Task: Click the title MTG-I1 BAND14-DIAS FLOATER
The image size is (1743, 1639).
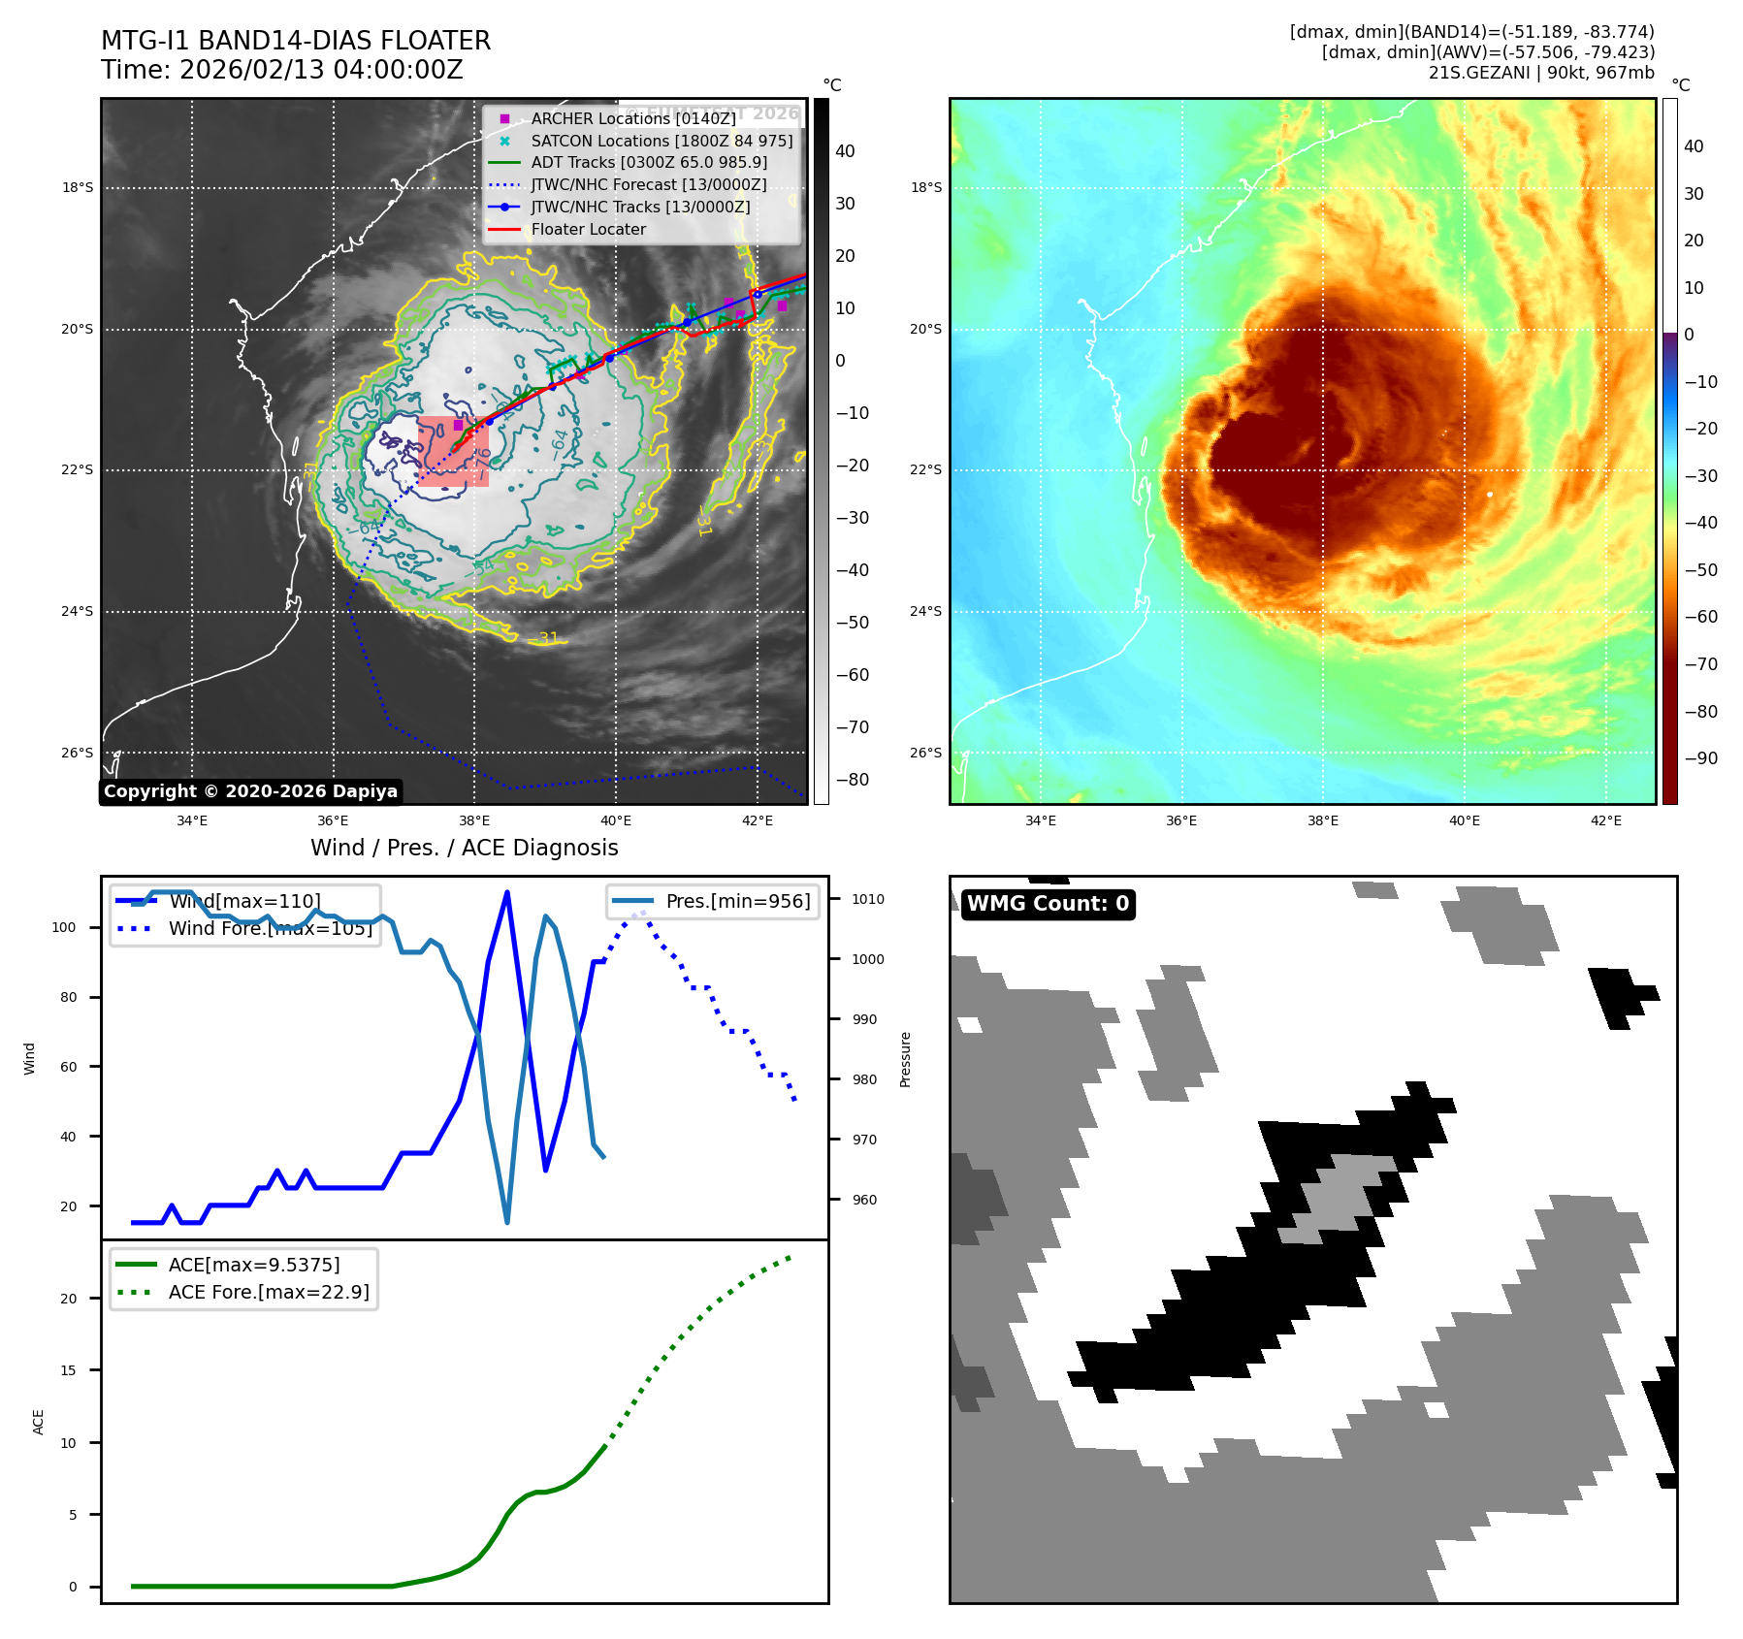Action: coord(296,41)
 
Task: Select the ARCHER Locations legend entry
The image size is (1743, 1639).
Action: coord(632,118)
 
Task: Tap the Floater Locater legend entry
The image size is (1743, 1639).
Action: coord(588,229)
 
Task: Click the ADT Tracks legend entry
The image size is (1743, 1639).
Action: coord(648,162)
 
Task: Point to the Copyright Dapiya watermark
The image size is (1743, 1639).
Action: coord(250,791)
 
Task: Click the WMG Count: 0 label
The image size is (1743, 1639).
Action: coord(1048,904)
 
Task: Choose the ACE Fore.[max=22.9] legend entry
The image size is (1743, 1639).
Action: coord(268,1292)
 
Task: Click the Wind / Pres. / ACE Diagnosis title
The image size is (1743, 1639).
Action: coord(464,848)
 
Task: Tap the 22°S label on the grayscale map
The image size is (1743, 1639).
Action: coord(78,470)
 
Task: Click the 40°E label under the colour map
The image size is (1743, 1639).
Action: coord(1464,820)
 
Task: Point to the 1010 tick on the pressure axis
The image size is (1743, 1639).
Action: coord(867,899)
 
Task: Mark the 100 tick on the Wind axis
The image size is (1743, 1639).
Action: coord(64,927)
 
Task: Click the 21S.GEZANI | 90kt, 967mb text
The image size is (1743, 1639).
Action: coord(1540,73)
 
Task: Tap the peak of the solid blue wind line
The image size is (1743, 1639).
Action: coord(507,892)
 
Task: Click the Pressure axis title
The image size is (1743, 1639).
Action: coord(905,1059)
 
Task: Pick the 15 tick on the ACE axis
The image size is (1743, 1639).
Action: coord(68,1370)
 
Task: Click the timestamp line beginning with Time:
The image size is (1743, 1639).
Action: coord(281,70)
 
